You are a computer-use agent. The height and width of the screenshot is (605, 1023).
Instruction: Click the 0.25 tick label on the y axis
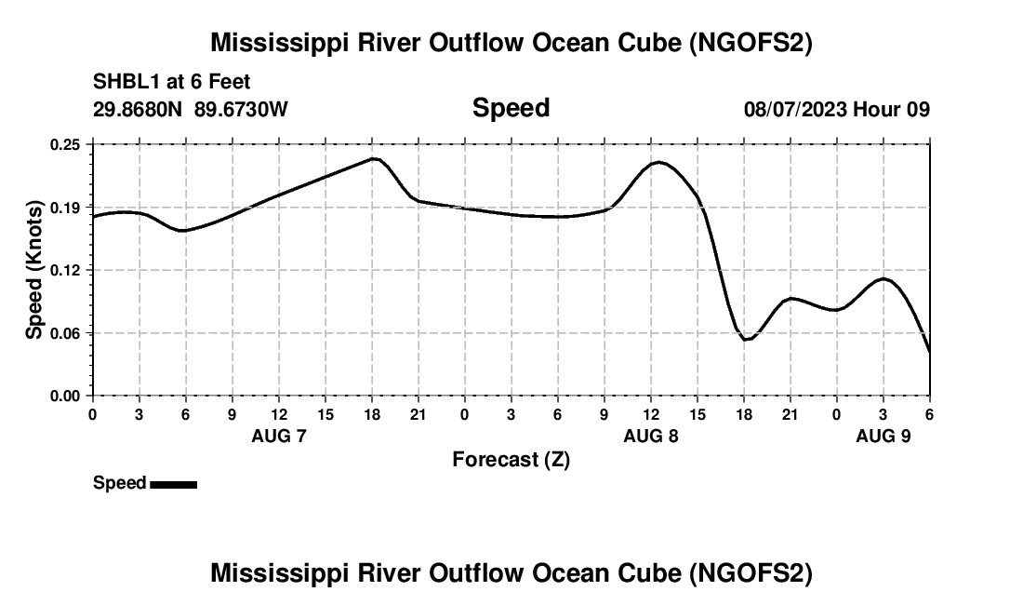(x=66, y=144)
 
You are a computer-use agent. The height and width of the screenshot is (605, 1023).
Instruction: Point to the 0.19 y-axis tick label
(x=66, y=207)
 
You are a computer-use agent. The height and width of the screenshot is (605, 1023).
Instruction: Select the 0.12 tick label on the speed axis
(x=66, y=270)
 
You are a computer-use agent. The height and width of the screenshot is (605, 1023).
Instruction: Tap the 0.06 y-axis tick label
(x=66, y=333)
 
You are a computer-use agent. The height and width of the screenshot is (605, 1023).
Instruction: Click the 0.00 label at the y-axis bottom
(x=66, y=396)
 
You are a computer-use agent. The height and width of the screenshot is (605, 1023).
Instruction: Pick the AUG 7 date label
(x=279, y=436)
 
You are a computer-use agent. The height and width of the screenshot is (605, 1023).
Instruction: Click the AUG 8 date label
(x=651, y=436)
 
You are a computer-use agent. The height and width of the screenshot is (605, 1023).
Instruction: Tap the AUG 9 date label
(x=883, y=436)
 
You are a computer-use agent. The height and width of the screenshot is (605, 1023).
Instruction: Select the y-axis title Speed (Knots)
(x=34, y=270)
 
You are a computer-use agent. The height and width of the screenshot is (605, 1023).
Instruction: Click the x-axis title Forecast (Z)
(x=511, y=459)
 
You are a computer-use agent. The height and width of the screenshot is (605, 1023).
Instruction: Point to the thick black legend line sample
(x=173, y=484)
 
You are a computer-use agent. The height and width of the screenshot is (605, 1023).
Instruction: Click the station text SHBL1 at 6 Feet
(x=171, y=83)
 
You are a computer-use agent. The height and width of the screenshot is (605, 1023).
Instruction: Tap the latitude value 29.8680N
(x=139, y=109)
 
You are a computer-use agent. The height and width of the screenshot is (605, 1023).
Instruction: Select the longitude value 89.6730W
(x=241, y=109)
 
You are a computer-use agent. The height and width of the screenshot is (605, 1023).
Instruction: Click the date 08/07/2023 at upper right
(x=795, y=109)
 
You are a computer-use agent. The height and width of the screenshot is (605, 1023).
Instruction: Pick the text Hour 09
(x=891, y=109)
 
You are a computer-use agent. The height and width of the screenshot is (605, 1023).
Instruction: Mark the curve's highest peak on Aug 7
(x=374, y=158)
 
